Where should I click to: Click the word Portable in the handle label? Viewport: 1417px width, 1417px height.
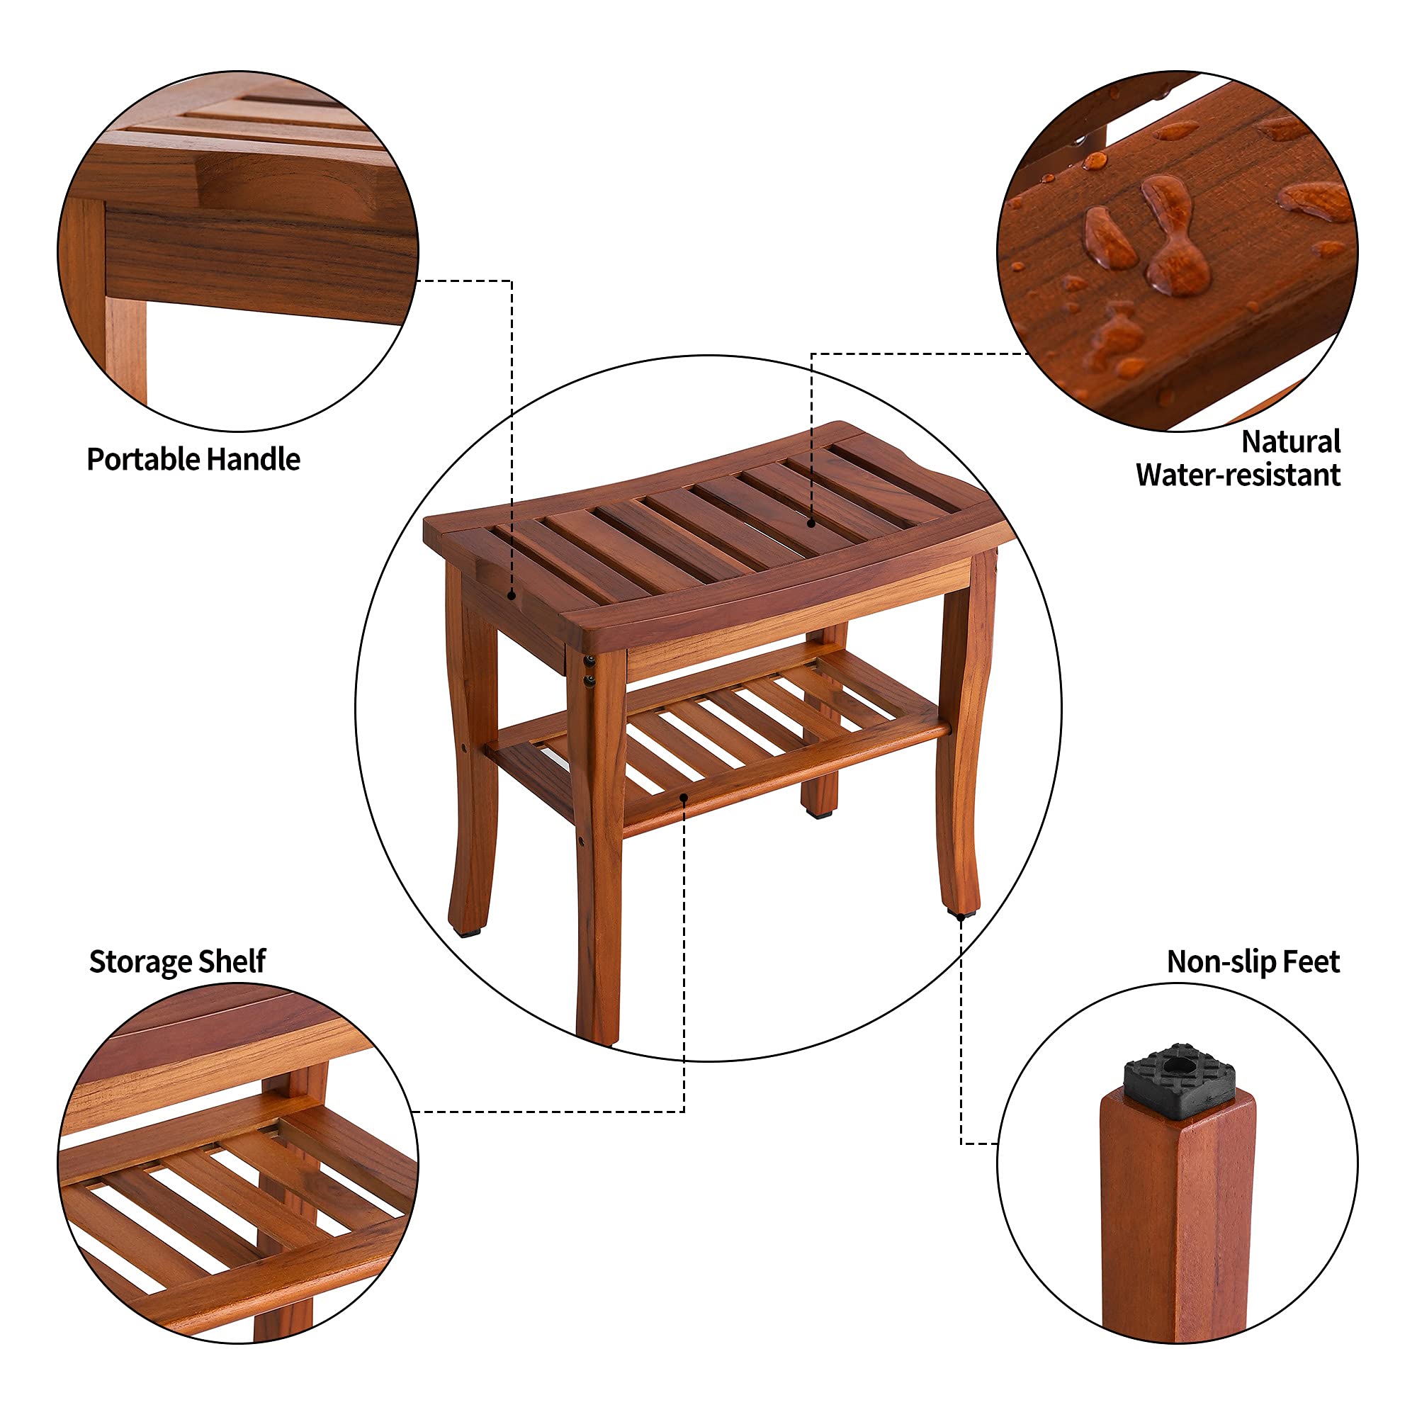click(144, 460)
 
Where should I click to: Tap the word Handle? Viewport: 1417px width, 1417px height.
click(253, 460)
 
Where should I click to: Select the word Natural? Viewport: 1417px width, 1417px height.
click(1290, 442)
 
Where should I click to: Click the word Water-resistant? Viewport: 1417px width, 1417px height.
click(1238, 475)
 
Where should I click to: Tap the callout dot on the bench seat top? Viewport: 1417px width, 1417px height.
click(811, 523)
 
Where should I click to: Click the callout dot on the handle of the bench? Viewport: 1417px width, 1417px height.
click(512, 596)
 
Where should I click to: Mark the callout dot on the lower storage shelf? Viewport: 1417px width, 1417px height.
click(684, 797)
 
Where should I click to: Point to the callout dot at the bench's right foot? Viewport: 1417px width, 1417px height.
click(961, 917)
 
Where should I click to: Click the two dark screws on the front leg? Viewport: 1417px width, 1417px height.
click(588, 671)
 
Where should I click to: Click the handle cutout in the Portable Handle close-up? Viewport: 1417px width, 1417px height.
click(242, 184)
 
